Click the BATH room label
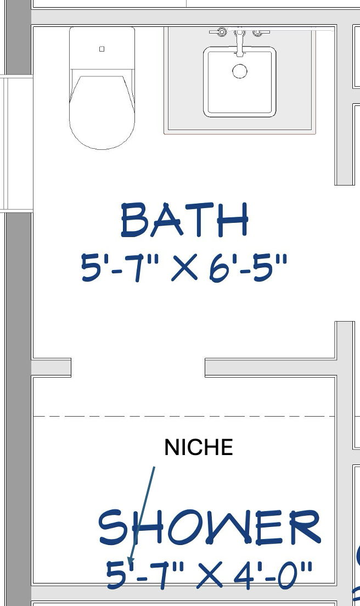[x=184, y=220]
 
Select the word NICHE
[x=199, y=447]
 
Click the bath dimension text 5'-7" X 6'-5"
[x=184, y=267]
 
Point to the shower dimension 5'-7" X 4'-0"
[x=209, y=575]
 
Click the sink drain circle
[x=240, y=71]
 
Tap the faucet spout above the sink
[x=240, y=42]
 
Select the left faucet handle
[x=220, y=32]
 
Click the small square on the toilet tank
[x=102, y=49]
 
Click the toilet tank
[x=102, y=48]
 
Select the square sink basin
[x=240, y=82]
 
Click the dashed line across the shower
[x=184, y=416]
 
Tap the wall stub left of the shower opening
[x=51, y=368]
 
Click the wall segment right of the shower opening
[x=271, y=368]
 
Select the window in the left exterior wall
[x=16, y=144]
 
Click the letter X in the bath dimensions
[x=184, y=267]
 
